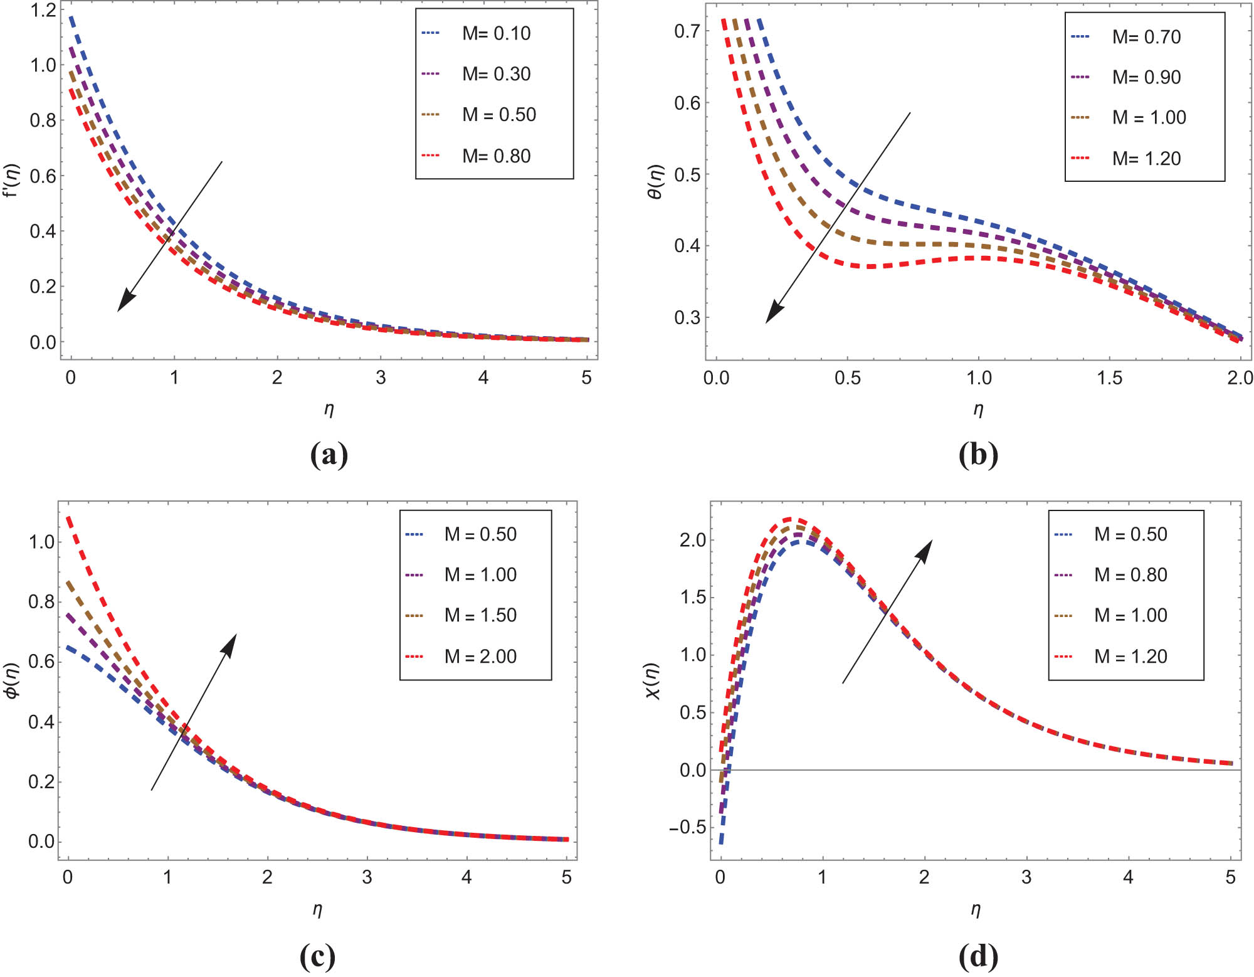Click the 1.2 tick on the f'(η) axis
coord(43,10)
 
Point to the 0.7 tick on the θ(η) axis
coord(687,31)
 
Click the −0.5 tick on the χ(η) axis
coord(687,828)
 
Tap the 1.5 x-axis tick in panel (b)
coord(1109,378)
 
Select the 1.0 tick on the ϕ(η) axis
coord(41,542)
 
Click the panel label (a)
coord(329,455)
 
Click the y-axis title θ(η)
coord(655,182)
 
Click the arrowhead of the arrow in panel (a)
coord(123,304)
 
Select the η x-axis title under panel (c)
coord(317,909)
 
